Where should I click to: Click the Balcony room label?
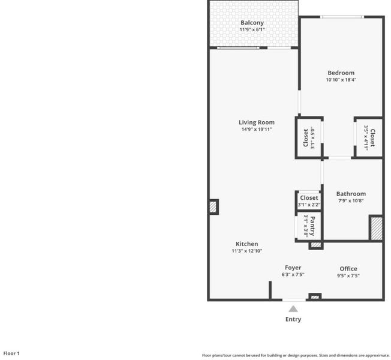(x=252, y=23)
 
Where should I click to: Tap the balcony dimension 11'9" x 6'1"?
(x=252, y=29)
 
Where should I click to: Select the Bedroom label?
(x=341, y=73)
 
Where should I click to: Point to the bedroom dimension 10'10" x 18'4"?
(x=341, y=80)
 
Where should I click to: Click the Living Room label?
(x=257, y=122)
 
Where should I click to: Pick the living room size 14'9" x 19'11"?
(x=257, y=129)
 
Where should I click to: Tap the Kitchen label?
(x=247, y=244)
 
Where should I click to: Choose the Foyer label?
(x=293, y=268)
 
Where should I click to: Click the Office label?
(x=348, y=269)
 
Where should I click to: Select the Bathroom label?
(x=351, y=194)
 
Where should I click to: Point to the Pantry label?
(x=312, y=226)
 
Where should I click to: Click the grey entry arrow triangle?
(x=293, y=309)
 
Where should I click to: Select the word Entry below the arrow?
(x=293, y=319)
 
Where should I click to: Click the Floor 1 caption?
(x=11, y=353)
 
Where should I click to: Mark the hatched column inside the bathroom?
(x=376, y=228)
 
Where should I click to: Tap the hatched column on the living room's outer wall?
(x=213, y=207)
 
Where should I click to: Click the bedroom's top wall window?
(x=342, y=17)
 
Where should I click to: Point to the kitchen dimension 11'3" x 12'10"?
(x=247, y=251)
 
